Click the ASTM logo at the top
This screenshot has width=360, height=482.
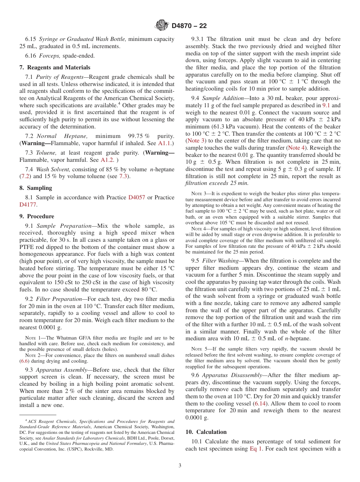(x=162, y=26)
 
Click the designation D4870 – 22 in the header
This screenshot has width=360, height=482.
(x=189, y=26)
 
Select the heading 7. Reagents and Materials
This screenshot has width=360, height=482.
(x=55, y=67)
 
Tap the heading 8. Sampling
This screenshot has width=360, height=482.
(x=36, y=188)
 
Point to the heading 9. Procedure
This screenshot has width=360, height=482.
(x=37, y=216)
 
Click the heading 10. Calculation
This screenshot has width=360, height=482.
(x=206, y=432)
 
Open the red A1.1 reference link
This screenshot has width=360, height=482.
(x=164, y=143)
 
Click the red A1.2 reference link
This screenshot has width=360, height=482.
(x=107, y=160)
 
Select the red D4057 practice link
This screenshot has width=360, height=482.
(x=136, y=197)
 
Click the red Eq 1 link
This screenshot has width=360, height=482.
(x=256, y=449)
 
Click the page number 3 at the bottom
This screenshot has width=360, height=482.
(x=180, y=466)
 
